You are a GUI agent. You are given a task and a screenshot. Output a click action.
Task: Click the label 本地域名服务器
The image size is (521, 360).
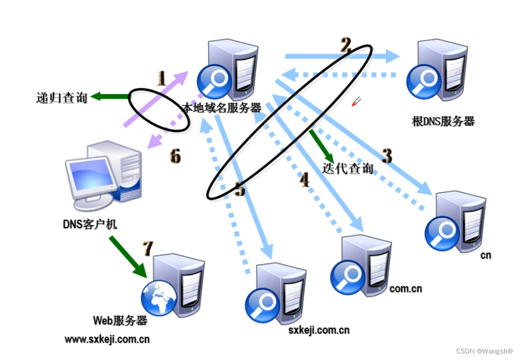(222, 108)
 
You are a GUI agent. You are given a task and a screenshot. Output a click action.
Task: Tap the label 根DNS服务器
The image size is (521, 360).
(443, 121)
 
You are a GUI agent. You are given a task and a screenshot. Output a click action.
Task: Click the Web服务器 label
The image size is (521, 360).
(120, 320)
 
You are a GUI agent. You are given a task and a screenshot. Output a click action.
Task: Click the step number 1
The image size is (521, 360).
(161, 79)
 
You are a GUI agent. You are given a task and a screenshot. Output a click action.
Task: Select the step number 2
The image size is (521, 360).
(345, 44)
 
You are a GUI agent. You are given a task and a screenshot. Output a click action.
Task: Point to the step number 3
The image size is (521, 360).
(387, 156)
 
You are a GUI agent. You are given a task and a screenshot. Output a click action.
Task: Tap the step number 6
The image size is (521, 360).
(175, 157)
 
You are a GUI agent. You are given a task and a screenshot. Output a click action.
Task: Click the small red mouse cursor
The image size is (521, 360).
(356, 101)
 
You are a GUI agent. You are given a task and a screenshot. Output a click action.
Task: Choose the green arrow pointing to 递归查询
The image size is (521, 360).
(110, 96)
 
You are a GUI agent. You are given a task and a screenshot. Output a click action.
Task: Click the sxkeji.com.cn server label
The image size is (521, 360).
(318, 330)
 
